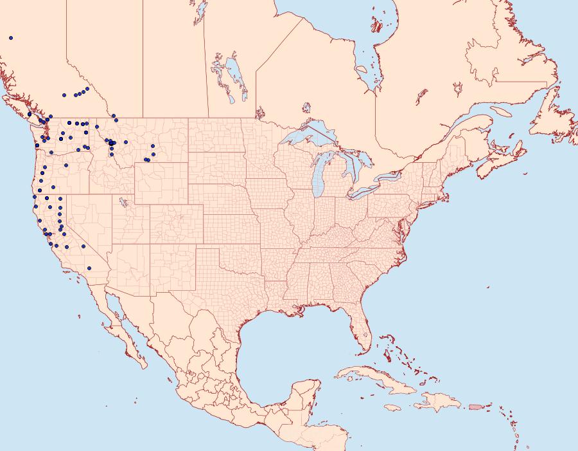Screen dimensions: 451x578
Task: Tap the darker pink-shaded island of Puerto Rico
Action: pyautogui.click(x=475, y=406)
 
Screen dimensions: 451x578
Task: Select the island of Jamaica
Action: pyautogui.click(x=394, y=407)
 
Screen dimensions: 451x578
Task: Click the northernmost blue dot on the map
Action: pyautogui.click(x=11, y=38)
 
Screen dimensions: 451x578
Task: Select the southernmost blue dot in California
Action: pyautogui.click(x=89, y=268)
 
